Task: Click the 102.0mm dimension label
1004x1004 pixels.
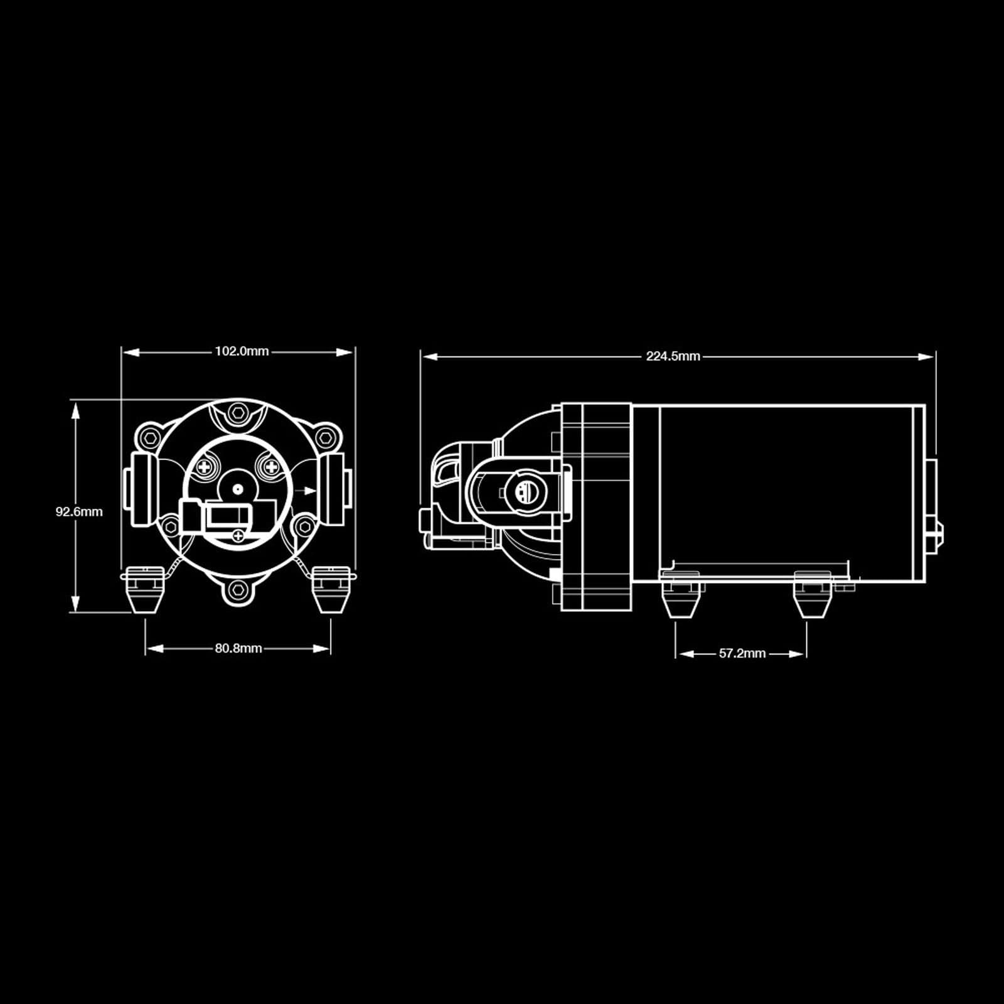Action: pyautogui.click(x=242, y=351)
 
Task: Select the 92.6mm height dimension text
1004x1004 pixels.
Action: pyautogui.click(x=79, y=511)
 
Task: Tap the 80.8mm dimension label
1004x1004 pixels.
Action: pyautogui.click(x=238, y=648)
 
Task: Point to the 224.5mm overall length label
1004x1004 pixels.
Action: pyautogui.click(x=673, y=356)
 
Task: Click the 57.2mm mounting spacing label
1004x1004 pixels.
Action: pyautogui.click(x=742, y=653)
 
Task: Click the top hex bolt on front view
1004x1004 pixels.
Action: pyautogui.click(x=237, y=412)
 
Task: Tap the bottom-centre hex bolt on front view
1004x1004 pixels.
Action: pyautogui.click(x=238, y=589)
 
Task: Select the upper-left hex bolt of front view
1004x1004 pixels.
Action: pyautogui.click(x=149, y=437)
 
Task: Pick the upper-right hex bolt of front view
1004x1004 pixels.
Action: pyautogui.click(x=325, y=437)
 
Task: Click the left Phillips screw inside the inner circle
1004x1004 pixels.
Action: pyautogui.click(x=205, y=466)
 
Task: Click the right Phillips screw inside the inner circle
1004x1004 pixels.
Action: pyautogui.click(x=270, y=466)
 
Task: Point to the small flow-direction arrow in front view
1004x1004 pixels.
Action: pyautogui.click(x=307, y=491)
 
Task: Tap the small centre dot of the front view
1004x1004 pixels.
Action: pyautogui.click(x=237, y=488)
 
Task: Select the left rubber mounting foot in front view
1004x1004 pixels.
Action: pyautogui.click(x=145, y=589)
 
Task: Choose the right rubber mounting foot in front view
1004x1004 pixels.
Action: pyautogui.click(x=331, y=589)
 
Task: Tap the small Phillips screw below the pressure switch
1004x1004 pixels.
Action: pyautogui.click(x=237, y=535)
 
